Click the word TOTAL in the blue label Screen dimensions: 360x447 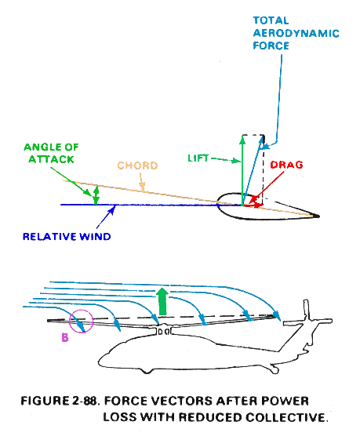click(271, 20)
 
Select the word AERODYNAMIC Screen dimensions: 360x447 click(296, 34)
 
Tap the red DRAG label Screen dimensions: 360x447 click(286, 165)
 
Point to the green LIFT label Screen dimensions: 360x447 click(198, 158)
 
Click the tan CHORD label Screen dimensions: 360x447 click(137, 165)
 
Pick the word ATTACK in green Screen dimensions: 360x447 click(51, 159)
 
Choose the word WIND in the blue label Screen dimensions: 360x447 click(95, 237)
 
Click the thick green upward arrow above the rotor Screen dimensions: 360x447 click(162, 302)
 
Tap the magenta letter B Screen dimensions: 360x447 click(65, 337)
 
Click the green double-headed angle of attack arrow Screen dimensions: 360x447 click(96, 195)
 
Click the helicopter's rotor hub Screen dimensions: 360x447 click(164, 329)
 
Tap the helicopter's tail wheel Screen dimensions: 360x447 click(275, 370)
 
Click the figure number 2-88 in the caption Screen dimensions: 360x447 click(85, 401)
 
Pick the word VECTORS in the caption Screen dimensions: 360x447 click(181, 401)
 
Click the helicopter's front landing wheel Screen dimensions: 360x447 click(147, 371)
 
